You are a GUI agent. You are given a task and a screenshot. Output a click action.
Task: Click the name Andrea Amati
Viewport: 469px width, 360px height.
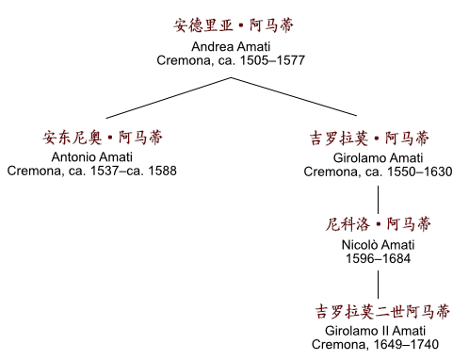(234, 46)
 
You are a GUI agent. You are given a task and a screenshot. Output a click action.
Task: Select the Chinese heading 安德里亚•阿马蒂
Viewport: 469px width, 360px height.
(234, 26)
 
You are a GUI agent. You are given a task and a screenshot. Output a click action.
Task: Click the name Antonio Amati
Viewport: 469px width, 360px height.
(91, 156)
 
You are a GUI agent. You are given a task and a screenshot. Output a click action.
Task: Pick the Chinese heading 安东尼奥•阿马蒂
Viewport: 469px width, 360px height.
(91, 138)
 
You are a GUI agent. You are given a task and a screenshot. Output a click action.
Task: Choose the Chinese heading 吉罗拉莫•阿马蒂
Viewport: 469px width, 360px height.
(379, 138)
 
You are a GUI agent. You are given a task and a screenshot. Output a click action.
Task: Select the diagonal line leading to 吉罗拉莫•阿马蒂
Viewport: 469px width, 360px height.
(305, 98)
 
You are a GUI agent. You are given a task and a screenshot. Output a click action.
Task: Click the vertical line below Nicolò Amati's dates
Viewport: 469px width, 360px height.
(379, 284)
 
